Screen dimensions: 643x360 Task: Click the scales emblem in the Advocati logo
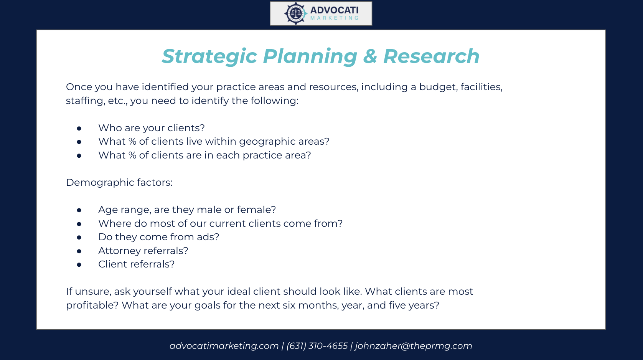coord(296,13)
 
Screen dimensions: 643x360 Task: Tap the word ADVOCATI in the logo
coord(335,10)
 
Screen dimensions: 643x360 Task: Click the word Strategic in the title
coord(209,56)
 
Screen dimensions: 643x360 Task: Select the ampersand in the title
coord(370,56)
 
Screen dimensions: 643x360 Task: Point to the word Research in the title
coord(432,56)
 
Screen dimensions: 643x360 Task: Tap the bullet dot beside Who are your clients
coord(79,128)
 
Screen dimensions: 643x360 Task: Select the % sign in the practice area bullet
coord(132,155)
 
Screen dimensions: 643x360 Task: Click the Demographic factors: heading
coord(119,183)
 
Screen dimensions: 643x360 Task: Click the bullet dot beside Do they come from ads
coord(79,238)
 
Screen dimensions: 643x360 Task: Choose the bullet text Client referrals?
coord(136,264)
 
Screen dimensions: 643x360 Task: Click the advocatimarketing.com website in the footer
coord(224,346)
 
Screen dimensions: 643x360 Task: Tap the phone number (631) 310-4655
coord(317,346)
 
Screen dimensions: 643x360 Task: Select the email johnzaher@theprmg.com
coord(413,346)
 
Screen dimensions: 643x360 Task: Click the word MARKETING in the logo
coord(335,18)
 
